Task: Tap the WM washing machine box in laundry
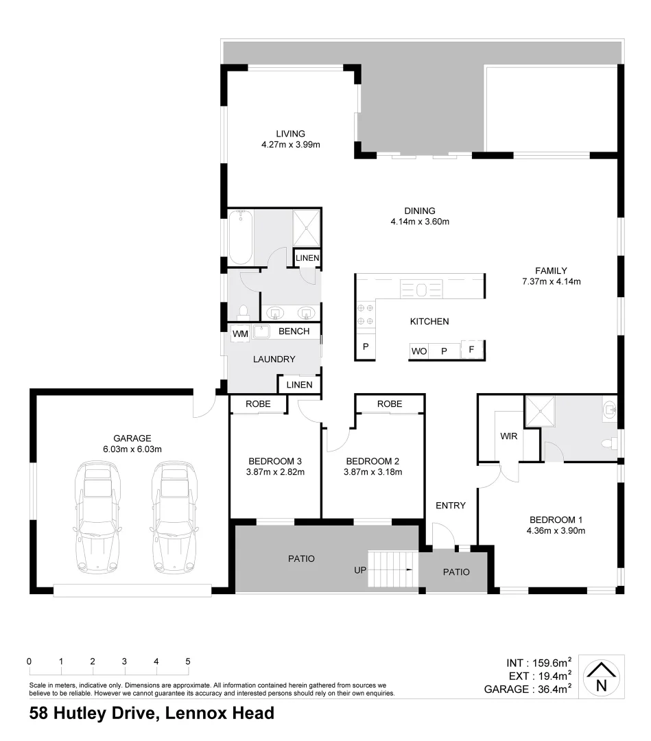click(x=240, y=333)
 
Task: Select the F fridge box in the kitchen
click(x=471, y=350)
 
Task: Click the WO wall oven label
click(x=418, y=351)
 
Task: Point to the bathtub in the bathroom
click(x=240, y=237)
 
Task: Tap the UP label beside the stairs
click(x=359, y=570)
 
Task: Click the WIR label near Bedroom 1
click(x=509, y=436)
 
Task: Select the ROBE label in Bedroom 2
click(x=389, y=404)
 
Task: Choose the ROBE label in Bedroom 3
click(x=258, y=404)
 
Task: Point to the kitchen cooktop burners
click(x=365, y=314)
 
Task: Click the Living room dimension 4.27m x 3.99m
click(x=291, y=145)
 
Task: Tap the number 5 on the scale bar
click(x=187, y=661)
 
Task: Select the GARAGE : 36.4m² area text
click(x=528, y=690)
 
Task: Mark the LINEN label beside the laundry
click(x=299, y=384)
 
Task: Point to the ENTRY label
click(x=451, y=506)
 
